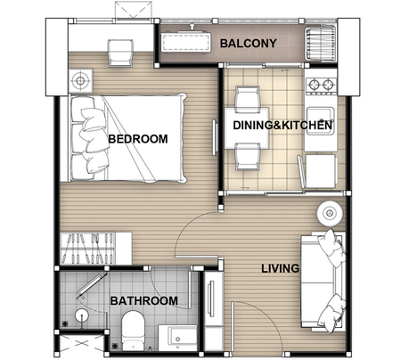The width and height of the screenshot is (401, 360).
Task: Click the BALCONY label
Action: pyautogui.click(x=248, y=44)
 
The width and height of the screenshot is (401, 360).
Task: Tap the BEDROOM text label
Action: pyautogui.click(x=138, y=139)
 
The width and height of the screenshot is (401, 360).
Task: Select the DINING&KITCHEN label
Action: pyautogui.click(x=282, y=125)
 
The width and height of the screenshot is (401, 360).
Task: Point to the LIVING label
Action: pyautogui.click(x=280, y=268)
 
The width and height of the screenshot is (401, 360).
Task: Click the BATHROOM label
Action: pyautogui.click(x=144, y=301)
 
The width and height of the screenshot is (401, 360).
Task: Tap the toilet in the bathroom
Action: pyautogui.click(x=133, y=331)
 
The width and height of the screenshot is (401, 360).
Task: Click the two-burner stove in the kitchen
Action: pyautogui.click(x=322, y=85)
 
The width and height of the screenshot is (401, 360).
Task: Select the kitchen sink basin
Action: pyautogui.click(x=320, y=121)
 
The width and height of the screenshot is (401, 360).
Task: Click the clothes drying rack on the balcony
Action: pyautogui.click(x=321, y=44)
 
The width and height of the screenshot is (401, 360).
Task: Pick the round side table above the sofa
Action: pyautogui.click(x=330, y=213)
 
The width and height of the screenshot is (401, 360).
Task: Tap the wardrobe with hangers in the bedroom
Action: pyautogui.click(x=95, y=249)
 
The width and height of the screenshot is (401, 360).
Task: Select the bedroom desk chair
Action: pyautogui.click(x=120, y=53)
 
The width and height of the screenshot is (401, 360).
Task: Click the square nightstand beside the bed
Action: pyautogui.click(x=80, y=80)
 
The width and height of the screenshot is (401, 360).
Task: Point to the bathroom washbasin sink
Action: pyautogui.click(x=177, y=338)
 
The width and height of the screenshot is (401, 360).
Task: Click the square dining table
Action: pyautogui.click(x=247, y=128)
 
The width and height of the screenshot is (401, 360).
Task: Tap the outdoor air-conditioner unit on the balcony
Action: pyautogui.click(x=185, y=43)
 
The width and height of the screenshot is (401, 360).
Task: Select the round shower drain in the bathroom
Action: pyautogui.click(x=81, y=315)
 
